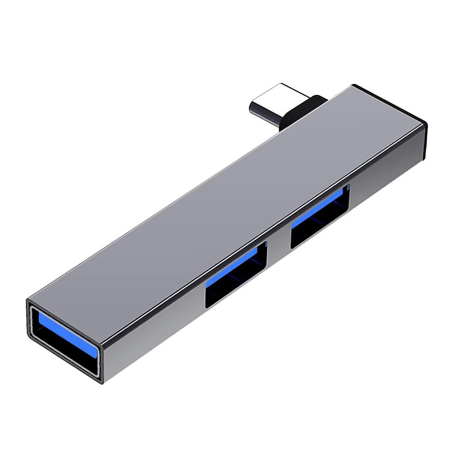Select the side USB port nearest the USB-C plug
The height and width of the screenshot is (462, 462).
pyautogui.click(x=320, y=217)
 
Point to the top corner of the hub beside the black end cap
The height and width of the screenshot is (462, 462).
pyautogui.click(x=353, y=85)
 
